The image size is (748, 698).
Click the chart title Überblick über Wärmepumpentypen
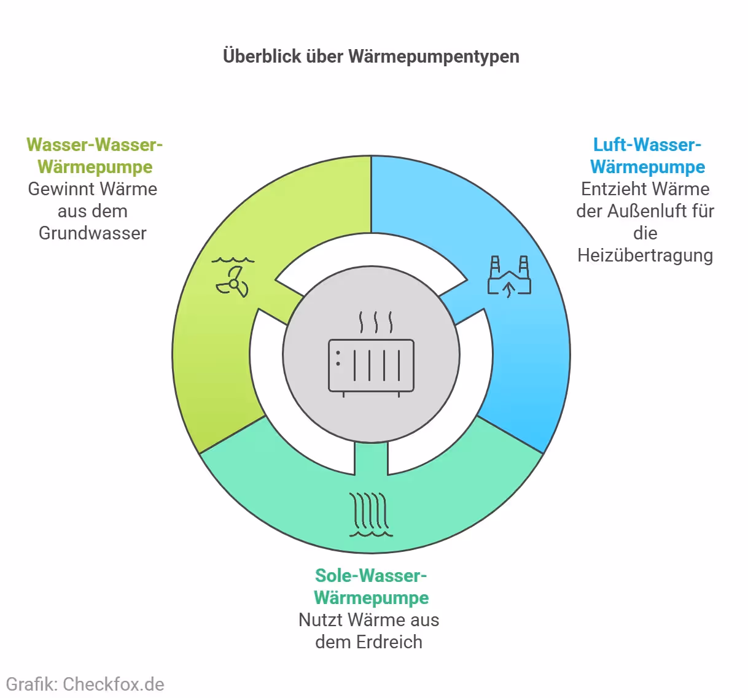point(371,56)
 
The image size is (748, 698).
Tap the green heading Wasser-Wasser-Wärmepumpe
point(95,156)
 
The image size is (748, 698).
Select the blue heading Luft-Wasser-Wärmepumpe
point(647,156)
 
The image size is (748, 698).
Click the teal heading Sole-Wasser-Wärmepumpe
point(371,587)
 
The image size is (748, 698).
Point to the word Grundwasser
point(93,233)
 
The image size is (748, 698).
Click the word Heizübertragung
point(645,255)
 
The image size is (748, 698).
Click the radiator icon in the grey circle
point(371,365)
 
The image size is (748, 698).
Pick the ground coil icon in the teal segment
point(370,514)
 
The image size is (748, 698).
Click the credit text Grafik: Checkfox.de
point(85,684)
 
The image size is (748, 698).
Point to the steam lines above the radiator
point(376,322)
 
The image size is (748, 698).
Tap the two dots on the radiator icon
point(338,358)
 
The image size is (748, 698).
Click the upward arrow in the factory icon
point(509,289)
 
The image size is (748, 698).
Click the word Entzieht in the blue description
point(610,189)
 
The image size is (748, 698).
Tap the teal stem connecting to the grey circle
point(371,457)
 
